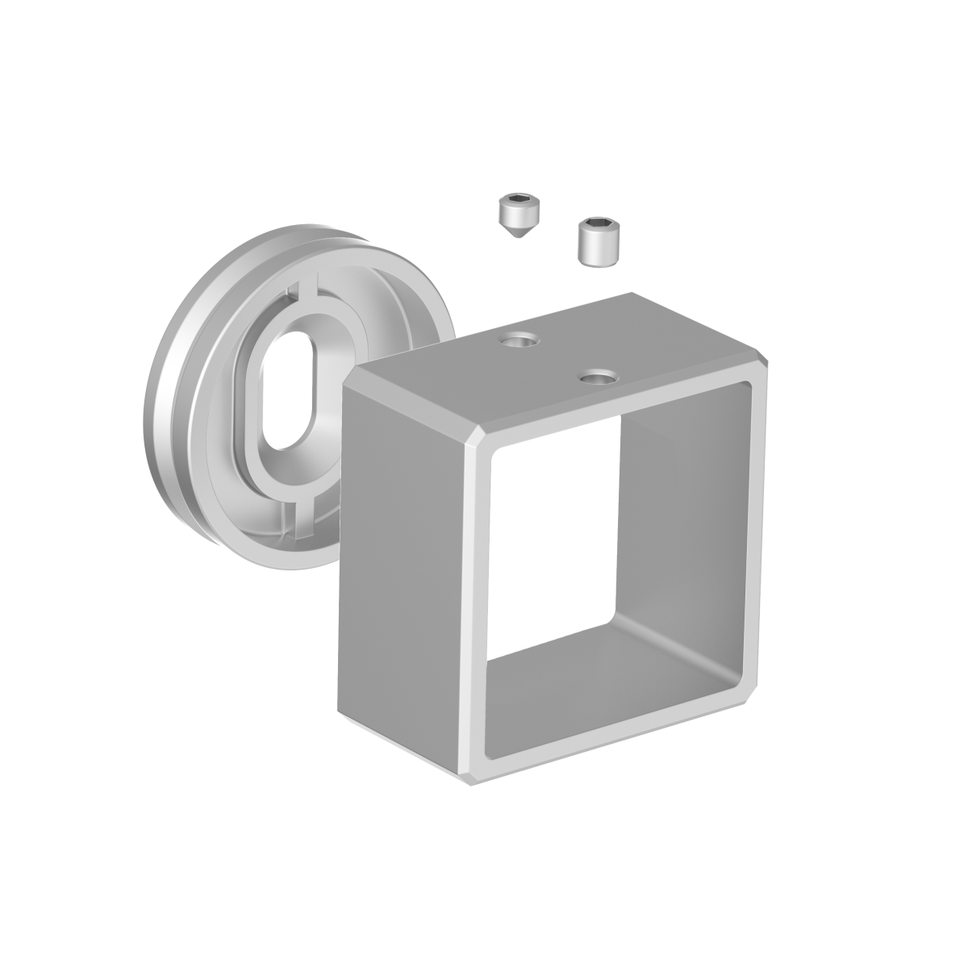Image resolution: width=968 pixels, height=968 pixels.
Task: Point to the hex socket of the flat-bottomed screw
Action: [599, 223]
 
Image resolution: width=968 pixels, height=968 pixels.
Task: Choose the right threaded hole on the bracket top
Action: [598, 376]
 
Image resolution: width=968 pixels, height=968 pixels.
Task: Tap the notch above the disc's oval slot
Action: [305, 288]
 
